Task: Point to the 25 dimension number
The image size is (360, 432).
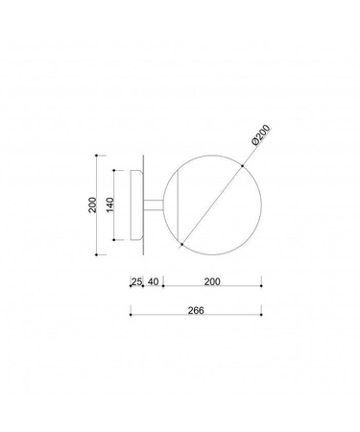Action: tap(136, 281)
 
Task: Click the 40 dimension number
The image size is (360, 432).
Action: tap(154, 281)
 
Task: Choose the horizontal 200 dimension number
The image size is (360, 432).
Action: tap(212, 281)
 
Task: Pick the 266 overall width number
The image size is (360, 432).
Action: tap(196, 311)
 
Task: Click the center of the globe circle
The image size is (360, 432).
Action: tap(211, 203)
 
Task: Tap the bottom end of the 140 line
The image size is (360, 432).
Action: tap(116, 239)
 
